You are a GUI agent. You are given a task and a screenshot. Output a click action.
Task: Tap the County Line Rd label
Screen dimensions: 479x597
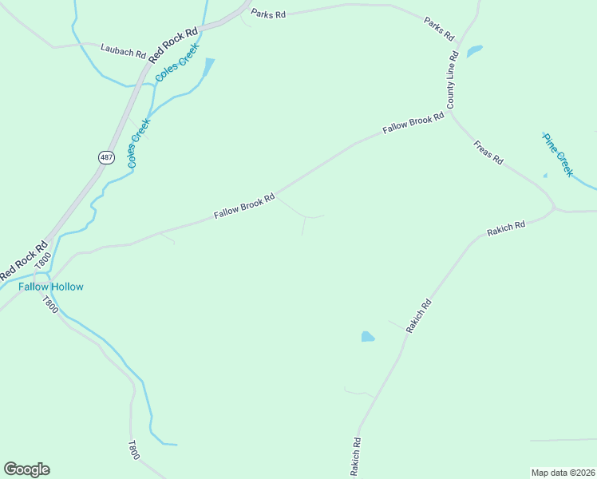452,80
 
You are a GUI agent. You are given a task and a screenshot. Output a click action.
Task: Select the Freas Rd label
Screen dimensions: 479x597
488,152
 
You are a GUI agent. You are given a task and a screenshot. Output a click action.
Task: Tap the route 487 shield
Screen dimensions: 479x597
106,157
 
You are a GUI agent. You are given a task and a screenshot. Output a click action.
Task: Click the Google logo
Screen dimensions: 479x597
26,469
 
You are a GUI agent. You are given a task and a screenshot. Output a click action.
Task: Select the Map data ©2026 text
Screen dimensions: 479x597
563,473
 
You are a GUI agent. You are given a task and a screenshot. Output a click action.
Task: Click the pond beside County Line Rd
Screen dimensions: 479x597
474,52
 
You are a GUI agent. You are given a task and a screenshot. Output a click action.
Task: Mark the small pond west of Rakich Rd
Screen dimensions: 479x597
367,337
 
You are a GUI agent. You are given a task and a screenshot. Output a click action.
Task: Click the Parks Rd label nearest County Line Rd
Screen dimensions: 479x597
439,30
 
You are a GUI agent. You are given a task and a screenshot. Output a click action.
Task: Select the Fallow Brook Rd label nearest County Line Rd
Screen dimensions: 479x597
413,123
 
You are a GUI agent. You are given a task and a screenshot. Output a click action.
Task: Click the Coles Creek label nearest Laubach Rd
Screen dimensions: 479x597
176,63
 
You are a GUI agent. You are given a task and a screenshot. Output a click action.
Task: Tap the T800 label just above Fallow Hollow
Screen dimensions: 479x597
42,261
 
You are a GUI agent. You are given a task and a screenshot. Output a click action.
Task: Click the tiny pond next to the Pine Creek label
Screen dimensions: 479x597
545,176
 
